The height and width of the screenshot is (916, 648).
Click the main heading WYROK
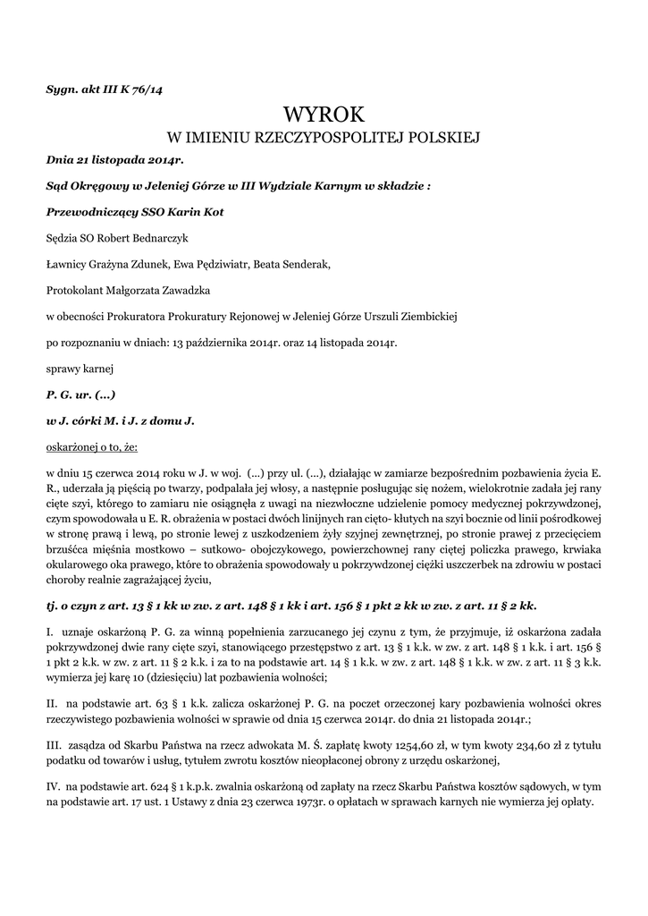[x=324, y=115]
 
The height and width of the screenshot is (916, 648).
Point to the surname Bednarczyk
[x=156, y=239]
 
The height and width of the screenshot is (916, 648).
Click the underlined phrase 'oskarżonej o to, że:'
[x=92, y=445]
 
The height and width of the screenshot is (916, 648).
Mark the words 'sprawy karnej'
[x=78, y=368]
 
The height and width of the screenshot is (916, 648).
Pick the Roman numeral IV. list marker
[x=53, y=785]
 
